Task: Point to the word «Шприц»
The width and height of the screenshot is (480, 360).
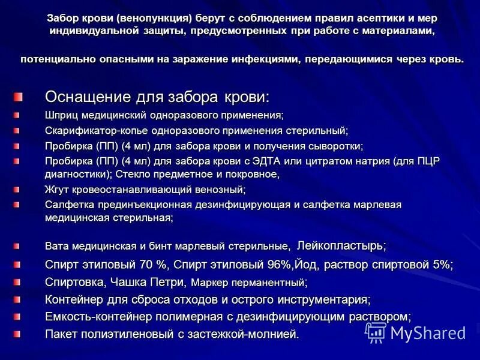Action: [59, 114]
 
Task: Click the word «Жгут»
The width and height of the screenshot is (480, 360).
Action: [58, 189]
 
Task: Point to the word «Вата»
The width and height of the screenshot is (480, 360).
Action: [56, 246]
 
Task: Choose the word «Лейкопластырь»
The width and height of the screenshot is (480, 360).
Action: [340, 245]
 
